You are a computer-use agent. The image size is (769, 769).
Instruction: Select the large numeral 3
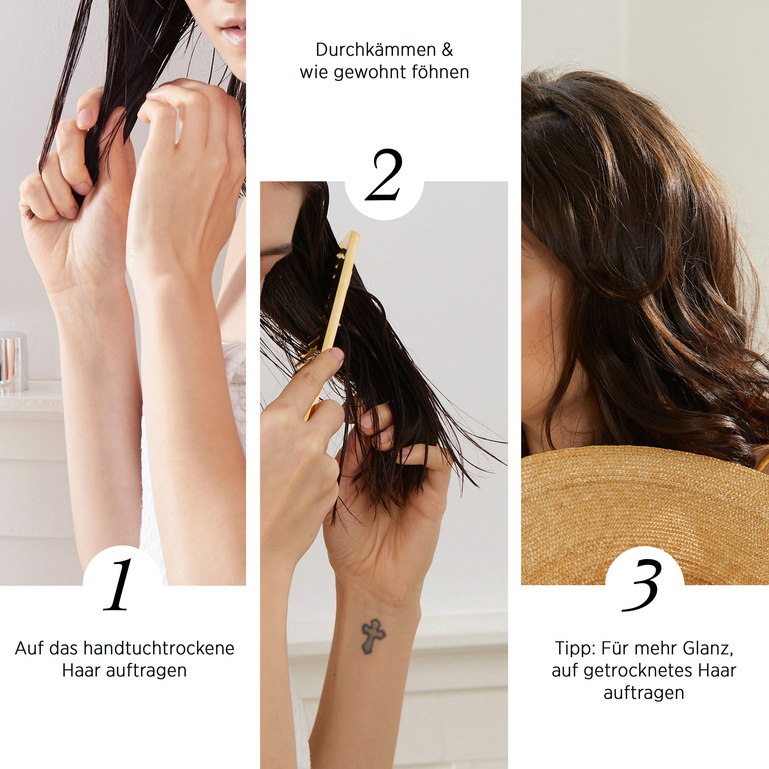[x=642, y=585]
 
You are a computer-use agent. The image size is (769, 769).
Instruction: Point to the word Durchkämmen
[x=370, y=50]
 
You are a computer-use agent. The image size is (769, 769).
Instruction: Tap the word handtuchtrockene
[x=159, y=648]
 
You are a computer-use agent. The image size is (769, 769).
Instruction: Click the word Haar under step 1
[x=81, y=671]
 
